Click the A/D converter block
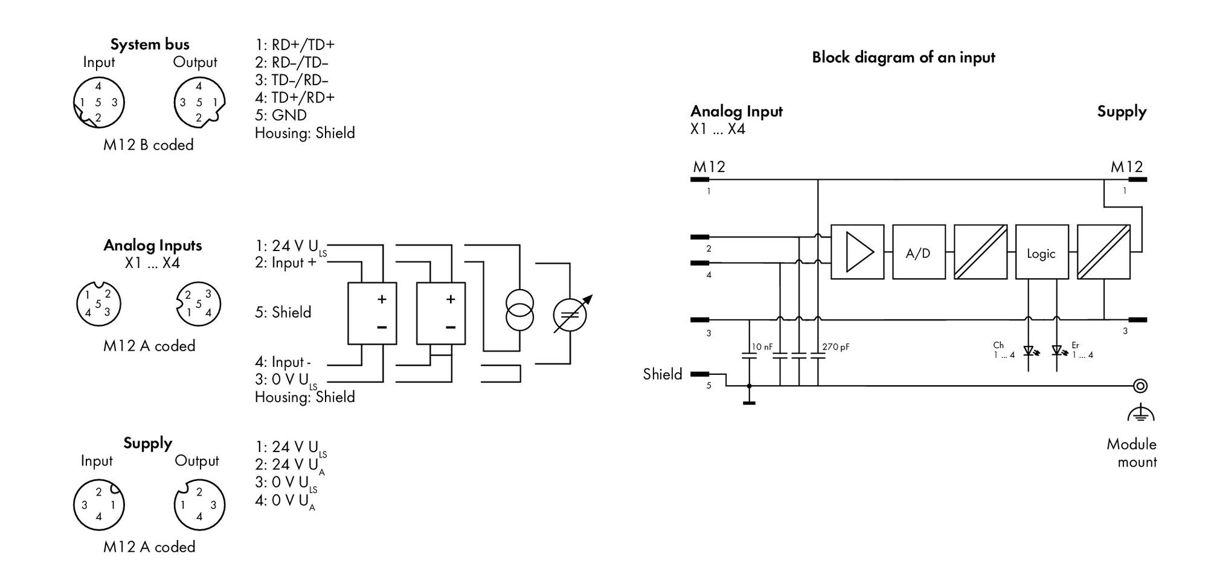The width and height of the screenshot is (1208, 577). point(919,252)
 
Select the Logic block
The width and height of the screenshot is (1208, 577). point(1042,252)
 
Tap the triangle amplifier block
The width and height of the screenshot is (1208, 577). point(857,252)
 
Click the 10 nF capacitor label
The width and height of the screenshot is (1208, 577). point(762,347)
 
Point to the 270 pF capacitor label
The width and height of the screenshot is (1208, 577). point(836,347)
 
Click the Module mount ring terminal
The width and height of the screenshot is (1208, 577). point(1140,385)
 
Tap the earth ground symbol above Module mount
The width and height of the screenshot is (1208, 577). point(1140,413)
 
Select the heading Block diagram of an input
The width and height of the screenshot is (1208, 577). point(903,57)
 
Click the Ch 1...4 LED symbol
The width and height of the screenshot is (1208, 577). point(1029,350)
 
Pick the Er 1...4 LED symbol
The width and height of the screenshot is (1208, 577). point(1057,350)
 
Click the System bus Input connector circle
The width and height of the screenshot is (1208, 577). point(98,103)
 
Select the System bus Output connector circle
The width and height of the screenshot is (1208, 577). point(199,103)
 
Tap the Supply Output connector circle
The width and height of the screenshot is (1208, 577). point(199,505)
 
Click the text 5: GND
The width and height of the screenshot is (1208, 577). point(281,115)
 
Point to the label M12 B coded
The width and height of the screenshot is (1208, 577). point(149,145)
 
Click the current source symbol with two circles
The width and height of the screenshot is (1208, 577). point(519,310)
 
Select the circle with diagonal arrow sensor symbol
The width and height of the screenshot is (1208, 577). point(570,314)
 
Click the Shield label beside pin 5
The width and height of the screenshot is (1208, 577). point(663,374)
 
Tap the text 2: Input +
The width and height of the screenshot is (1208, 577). point(286,263)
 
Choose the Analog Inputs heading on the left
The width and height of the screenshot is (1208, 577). point(153,245)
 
